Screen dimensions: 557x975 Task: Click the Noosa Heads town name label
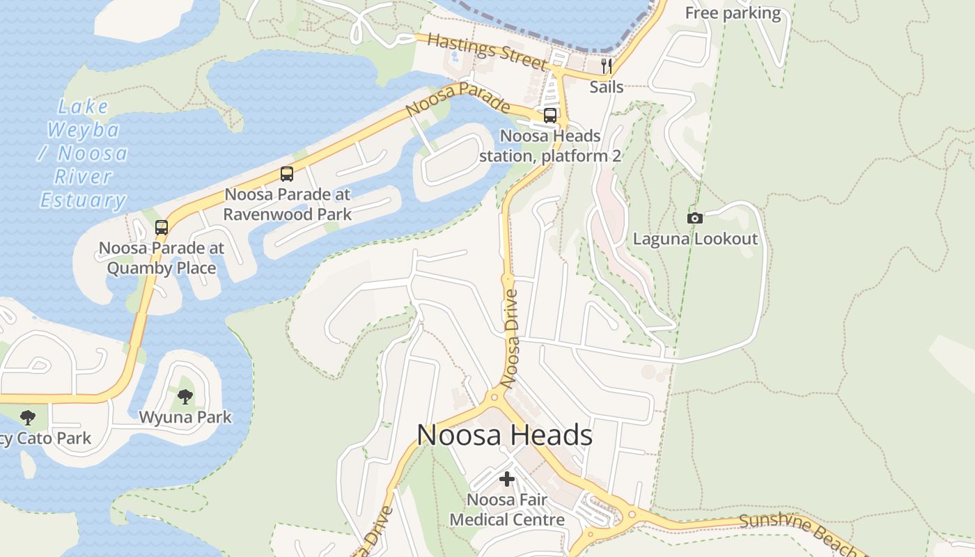(x=504, y=435)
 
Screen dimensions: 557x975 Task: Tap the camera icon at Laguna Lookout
(x=694, y=218)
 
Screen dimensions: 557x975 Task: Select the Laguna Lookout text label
(x=695, y=239)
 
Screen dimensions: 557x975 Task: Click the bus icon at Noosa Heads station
(x=550, y=116)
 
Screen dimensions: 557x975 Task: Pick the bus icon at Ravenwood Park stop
(x=287, y=174)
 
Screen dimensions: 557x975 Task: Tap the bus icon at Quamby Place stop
(x=162, y=228)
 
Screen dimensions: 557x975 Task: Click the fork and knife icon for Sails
(x=607, y=66)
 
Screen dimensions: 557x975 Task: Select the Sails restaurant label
(x=607, y=87)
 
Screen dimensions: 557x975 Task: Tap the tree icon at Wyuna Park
(x=185, y=397)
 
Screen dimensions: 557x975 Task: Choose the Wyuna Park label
(x=185, y=417)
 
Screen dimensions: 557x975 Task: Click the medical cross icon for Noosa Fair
(x=507, y=479)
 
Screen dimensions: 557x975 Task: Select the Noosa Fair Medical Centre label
(x=507, y=510)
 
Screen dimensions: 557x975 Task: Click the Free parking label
(x=733, y=13)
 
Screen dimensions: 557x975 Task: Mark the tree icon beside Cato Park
(x=28, y=418)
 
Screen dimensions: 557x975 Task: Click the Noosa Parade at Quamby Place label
(x=162, y=258)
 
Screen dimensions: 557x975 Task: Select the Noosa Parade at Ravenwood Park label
(x=287, y=204)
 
